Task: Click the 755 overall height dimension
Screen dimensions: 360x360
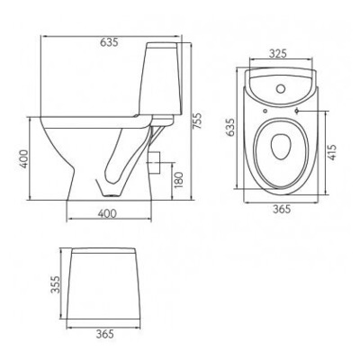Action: [x=197, y=121]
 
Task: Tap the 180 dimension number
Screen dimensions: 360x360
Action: [x=178, y=180]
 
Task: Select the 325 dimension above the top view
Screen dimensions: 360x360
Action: [x=278, y=53]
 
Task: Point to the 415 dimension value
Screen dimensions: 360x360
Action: [x=332, y=152]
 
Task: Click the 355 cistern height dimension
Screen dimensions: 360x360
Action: [x=56, y=284]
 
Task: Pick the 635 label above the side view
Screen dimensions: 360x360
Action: [x=109, y=42]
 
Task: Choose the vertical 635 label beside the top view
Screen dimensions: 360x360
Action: [x=230, y=127]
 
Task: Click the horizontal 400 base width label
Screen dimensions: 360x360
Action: [x=107, y=213]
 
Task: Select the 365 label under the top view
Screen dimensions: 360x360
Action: [x=282, y=209]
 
